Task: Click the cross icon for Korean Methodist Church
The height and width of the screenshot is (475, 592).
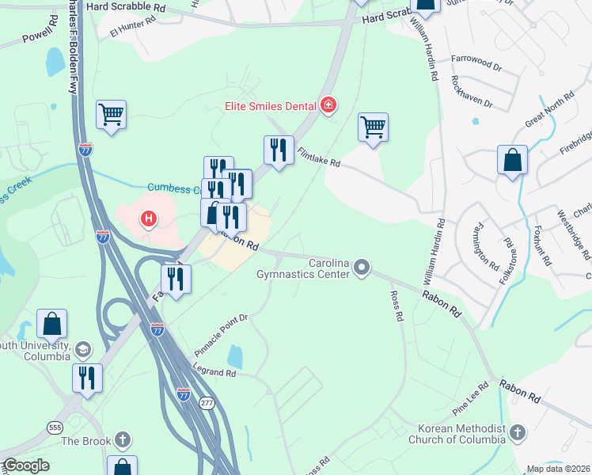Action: click(x=518, y=433)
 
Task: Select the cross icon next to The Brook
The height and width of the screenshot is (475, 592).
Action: click(x=122, y=439)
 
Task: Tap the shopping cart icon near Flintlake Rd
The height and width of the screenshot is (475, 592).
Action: click(x=373, y=127)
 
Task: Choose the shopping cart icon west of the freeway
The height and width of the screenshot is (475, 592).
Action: click(x=112, y=116)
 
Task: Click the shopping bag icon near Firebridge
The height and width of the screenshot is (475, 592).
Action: click(x=512, y=159)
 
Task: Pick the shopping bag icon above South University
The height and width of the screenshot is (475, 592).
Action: click(x=51, y=325)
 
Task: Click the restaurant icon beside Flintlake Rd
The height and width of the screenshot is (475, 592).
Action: click(x=278, y=150)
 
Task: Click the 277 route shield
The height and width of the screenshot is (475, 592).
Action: click(x=207, y=402)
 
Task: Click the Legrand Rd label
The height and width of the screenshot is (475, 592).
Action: click(x=214, y=370)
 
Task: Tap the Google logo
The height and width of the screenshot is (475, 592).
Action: click(x=26, y=465)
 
